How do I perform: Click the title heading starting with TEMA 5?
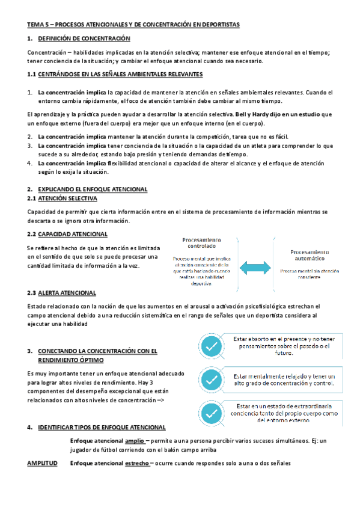click(133, 24)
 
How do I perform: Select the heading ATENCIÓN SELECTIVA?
click(67, 198)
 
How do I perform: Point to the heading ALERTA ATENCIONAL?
click(67, 293)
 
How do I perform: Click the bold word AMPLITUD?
click(43, 463)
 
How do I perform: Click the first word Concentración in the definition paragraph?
click(49, 53)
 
